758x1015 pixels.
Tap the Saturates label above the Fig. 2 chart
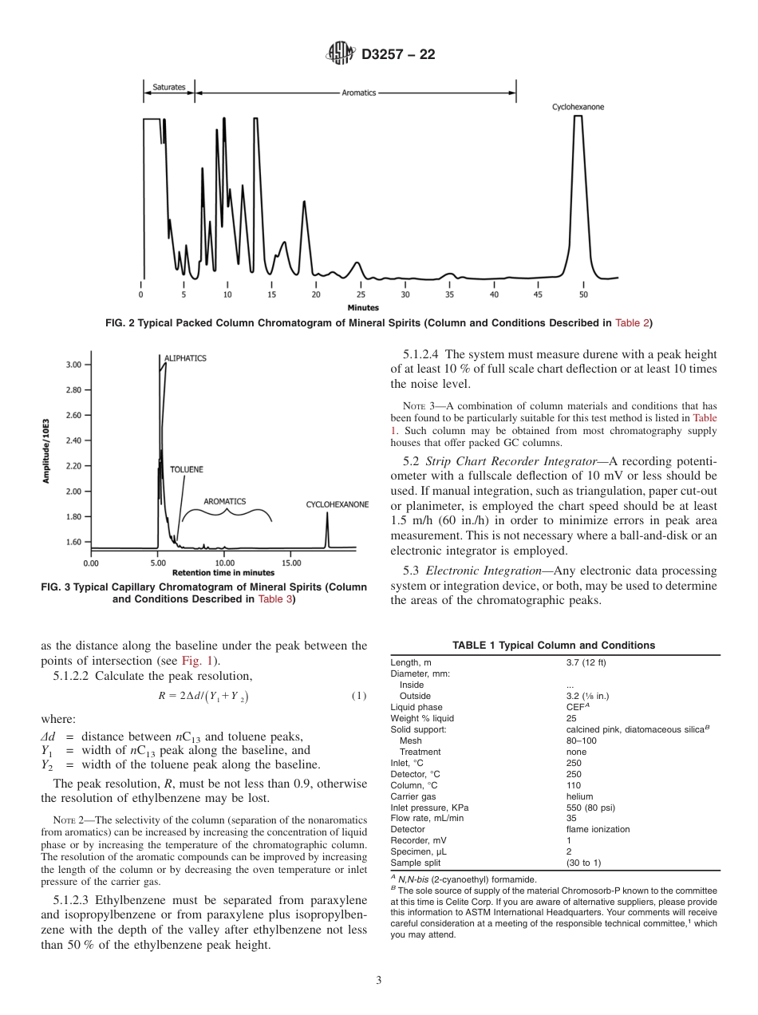pyautogui.click(x=168, y=87)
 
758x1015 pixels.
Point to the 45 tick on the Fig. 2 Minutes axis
pyautogui.click(x=538, y=294)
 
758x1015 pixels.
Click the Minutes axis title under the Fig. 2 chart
pyautogui.click(x=363, y=307)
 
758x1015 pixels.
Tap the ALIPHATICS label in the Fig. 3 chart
pyautogui.click(x=185, y=358)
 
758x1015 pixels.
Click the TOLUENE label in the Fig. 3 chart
pyautogui.click(x=186, y=469)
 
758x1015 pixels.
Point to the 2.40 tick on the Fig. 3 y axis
pyautogui.click(x=73, y=440)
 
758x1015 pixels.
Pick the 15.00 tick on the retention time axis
pyautogui.click(x=291, y=563)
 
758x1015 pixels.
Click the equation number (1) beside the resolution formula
pyautogui.click(x=359, y=696)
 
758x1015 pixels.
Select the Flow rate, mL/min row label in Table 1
pyautogui.click(x=427, y=818)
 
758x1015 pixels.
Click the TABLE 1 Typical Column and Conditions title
pyautogui.click(x=554, y=645)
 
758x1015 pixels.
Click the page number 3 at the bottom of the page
pyautogui.click(x=379, y=981)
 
